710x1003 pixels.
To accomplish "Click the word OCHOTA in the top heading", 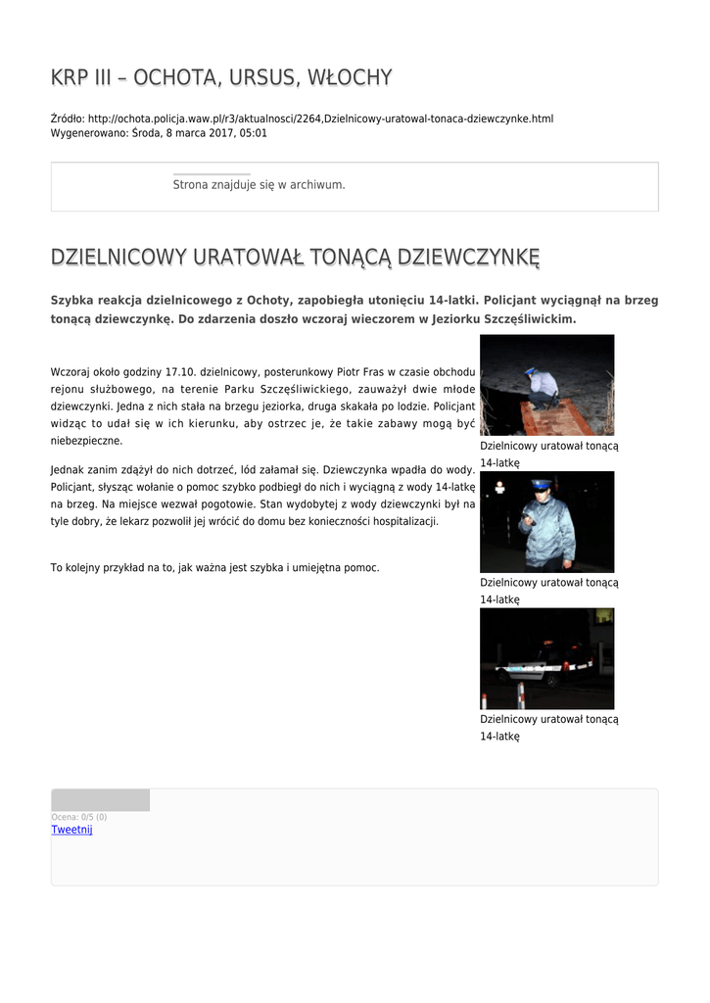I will point(167,77).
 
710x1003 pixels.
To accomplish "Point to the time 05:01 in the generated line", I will point(253,132).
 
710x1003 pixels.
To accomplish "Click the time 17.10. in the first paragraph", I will point(180,372).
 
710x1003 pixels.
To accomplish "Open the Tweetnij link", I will point(71,830).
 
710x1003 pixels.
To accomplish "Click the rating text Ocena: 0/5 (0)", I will point(78,817).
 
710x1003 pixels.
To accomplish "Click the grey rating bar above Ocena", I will point(100,800).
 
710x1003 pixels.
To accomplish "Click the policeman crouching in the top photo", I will point(542,386).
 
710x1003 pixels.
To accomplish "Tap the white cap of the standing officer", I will point(541,484).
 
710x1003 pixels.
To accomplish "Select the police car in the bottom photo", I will point(539,667).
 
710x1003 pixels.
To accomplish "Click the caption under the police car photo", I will point(548,727).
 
